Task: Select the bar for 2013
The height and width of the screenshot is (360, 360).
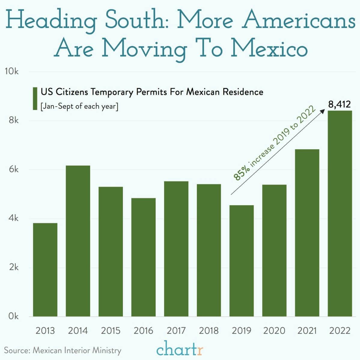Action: [x=45, y=270]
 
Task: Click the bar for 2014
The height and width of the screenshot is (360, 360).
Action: [x=78, y=241]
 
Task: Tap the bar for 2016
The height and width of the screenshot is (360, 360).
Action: [x=143, y=257]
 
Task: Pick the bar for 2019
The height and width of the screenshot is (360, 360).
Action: [x=241, y=261]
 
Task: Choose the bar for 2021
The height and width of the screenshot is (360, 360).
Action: [x=307, y=233]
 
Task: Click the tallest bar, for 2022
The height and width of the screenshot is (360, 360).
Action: [x=340, y=213]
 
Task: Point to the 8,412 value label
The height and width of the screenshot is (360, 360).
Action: [x=339, y=105]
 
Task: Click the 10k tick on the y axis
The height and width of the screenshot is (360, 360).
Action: [x=12, y=72]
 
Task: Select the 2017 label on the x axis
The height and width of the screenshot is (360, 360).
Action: [x=176, y=331]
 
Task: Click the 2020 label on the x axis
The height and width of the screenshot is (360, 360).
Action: [x=274, y=331]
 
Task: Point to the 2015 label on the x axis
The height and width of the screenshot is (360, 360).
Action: [x=111, y=331]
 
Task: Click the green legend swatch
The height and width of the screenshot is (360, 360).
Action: [x=35, y=98]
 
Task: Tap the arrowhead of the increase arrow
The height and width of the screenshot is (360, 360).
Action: [x=323, y=110]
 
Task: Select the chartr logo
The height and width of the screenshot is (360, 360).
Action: [x=180, y=350]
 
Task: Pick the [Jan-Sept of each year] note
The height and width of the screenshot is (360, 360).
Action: [x=79, y=106]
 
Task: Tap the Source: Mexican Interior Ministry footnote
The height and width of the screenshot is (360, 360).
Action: [x=63, y=350]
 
